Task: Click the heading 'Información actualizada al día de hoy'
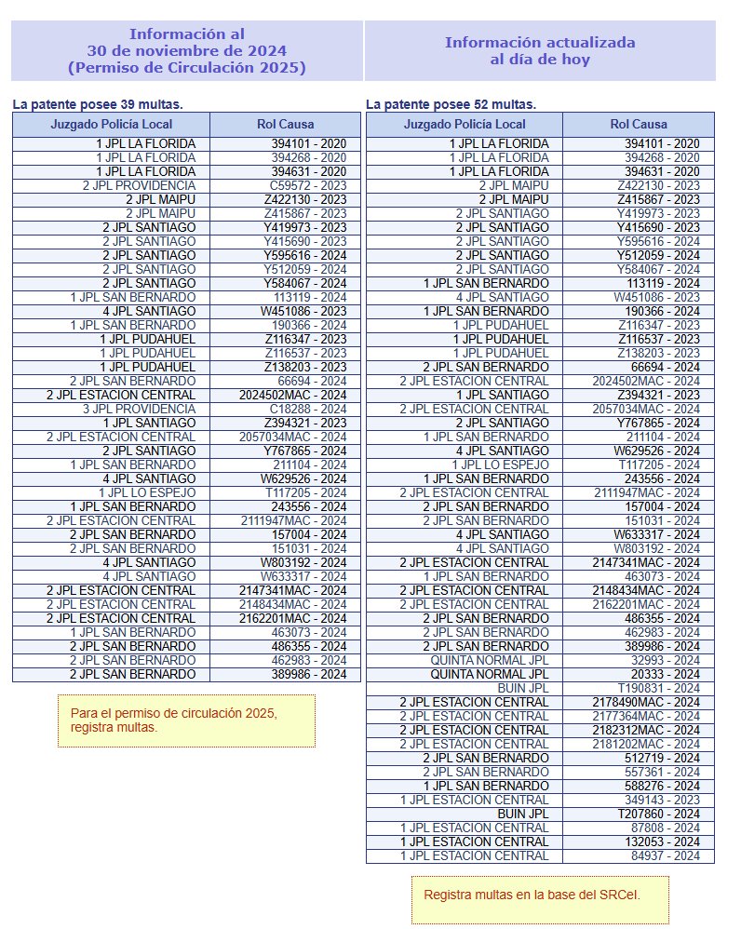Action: [x=540, y=51]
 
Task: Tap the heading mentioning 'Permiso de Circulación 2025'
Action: [x=186, y=51]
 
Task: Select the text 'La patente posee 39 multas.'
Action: [x=98, y=104]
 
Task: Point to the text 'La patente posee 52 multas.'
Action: [x=451, y=104]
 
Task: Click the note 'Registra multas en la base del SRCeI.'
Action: [x=545, y=895]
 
